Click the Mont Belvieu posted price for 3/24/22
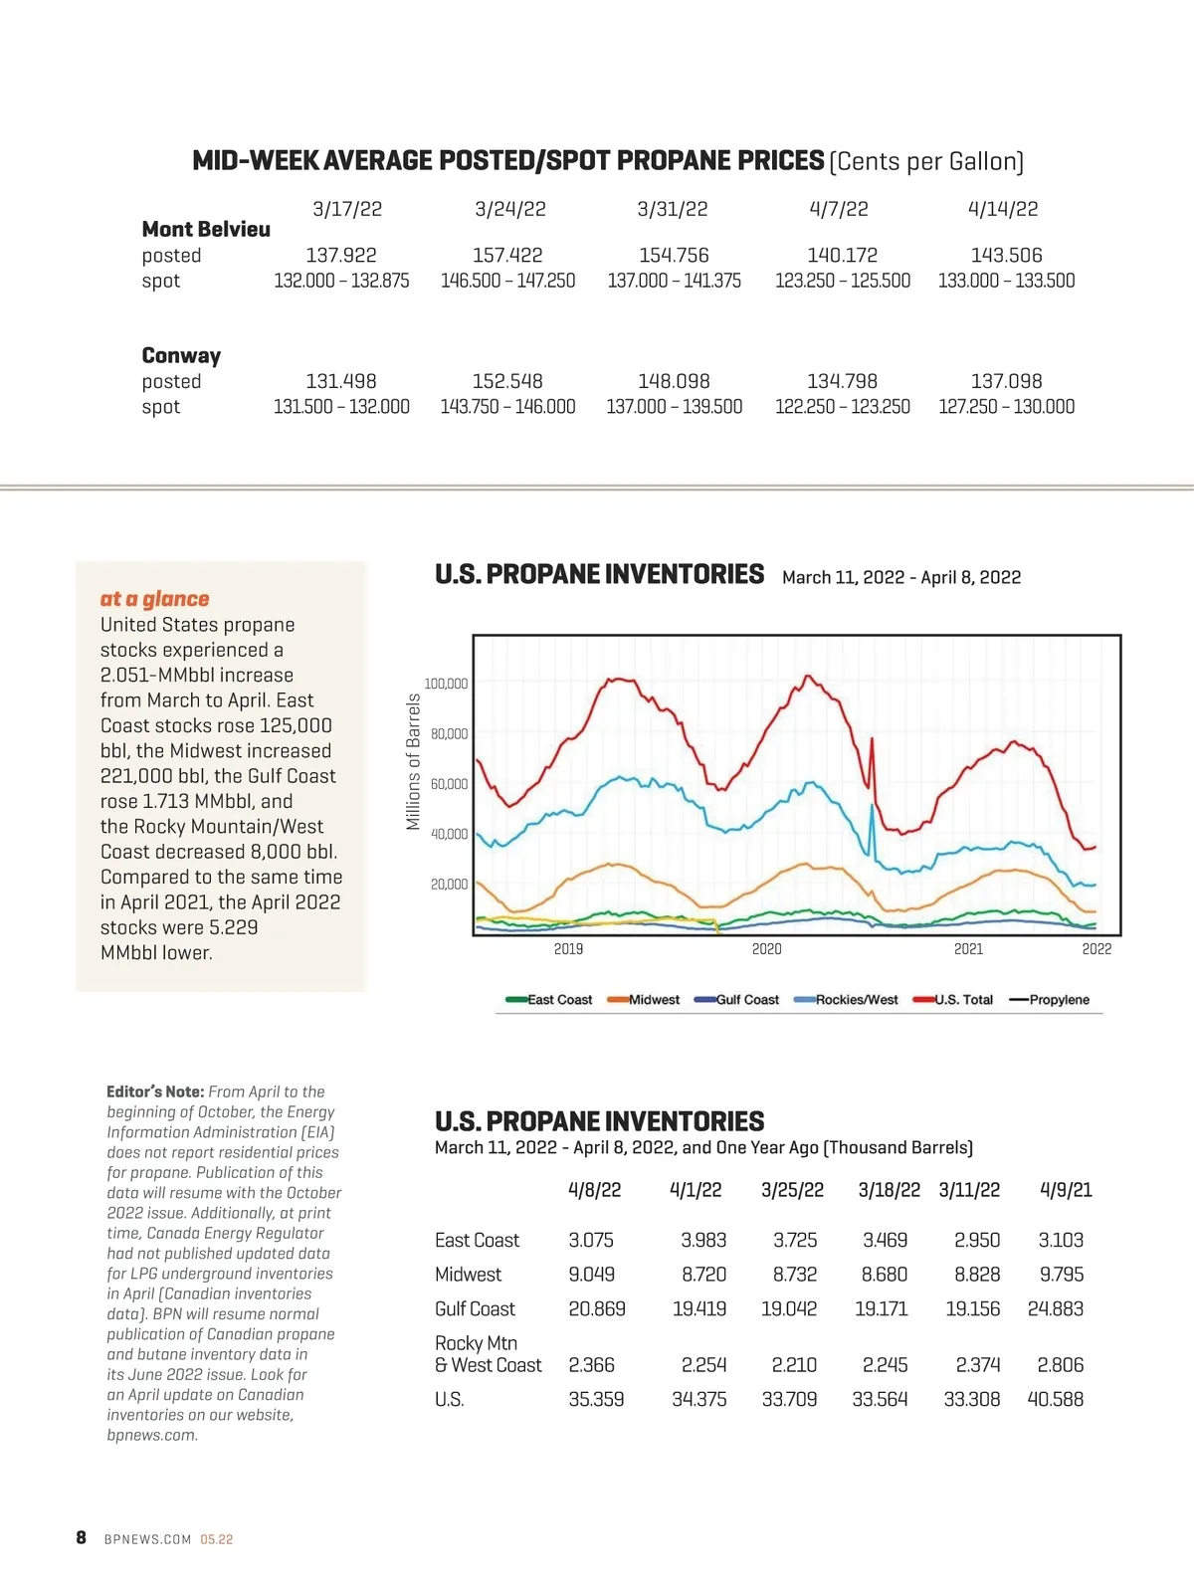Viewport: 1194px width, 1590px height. coord(507,256)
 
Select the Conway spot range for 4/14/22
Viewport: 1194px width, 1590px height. coord(1006,407)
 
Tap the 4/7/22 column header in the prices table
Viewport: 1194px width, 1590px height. coord(839,209)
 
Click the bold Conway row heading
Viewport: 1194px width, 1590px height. coord(181,356)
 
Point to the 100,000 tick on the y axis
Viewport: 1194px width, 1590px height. coord(446,684)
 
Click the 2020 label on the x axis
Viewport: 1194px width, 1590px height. coord(766,949)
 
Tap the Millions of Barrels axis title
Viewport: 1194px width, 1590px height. coord(414,762)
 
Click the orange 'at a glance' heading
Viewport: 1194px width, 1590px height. coord(154,599)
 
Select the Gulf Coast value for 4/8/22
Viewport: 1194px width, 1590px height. coord(597,1309)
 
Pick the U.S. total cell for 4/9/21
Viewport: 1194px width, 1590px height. coord(1056,1400)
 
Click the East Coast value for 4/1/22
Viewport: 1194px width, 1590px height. coord(703,1241)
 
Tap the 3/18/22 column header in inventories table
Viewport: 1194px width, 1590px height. coord(889,1190)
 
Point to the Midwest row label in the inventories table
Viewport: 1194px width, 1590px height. coord(468,1275)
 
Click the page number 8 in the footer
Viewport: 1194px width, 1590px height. coord(82,1538)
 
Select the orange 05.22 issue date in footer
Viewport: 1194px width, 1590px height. coord(217,1539)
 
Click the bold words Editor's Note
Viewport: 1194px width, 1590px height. coord(155,1093)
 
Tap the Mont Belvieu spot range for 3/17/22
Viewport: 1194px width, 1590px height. coord(341,282)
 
